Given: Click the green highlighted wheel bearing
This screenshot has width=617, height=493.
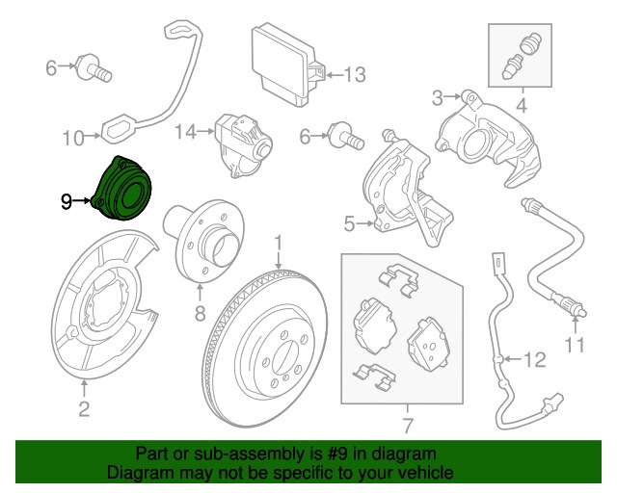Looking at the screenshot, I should click(x=126, y=190).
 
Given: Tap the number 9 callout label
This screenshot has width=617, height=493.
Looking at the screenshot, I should click(x=66, y=201).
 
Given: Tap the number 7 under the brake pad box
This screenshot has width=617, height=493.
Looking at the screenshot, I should click(x=407, y=424).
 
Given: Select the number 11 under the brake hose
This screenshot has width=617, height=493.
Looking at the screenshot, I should click(x=576, y=345).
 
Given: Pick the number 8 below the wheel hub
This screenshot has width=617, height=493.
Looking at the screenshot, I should click(x=201, y=313).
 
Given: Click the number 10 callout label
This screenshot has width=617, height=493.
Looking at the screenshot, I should click(x=73, y=139).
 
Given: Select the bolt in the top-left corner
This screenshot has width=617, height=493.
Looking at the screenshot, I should click(x=96, y=67).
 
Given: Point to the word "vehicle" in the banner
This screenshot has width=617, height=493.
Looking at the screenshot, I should click(x=429, y=474).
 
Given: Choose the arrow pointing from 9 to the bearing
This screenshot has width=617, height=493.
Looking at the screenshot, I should click(x=85, y=201).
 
